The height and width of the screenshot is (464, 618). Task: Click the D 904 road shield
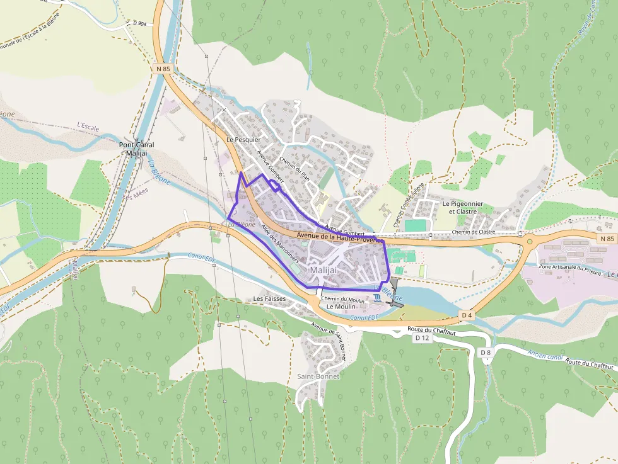(x=139, y=23)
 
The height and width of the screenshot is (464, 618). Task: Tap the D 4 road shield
(x=467, y=314)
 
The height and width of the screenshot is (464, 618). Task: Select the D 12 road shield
(x=422, y=338)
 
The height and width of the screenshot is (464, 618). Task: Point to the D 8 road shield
(x=485, y=353)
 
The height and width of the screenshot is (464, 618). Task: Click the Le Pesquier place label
(x=243, y=139)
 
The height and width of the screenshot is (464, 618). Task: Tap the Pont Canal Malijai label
(x=136, y=149)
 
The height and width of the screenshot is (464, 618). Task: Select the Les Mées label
(x=135, y=196)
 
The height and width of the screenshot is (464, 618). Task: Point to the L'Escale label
(x=88, y=127)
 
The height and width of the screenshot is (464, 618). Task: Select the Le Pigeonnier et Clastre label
(x=462, y=208)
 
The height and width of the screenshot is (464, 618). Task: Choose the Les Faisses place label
(x=269, y=298)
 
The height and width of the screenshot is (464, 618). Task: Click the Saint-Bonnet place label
(x=318, y=376)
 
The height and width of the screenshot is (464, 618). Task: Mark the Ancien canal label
(x=545, y=356)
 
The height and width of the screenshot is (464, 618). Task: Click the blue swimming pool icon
(x=376, y=297)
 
